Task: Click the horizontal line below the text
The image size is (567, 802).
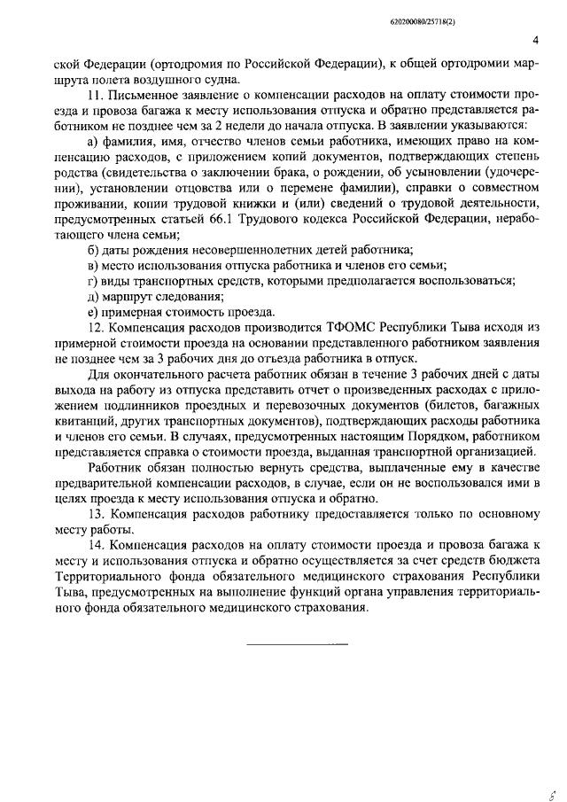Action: tap(297, 642)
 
